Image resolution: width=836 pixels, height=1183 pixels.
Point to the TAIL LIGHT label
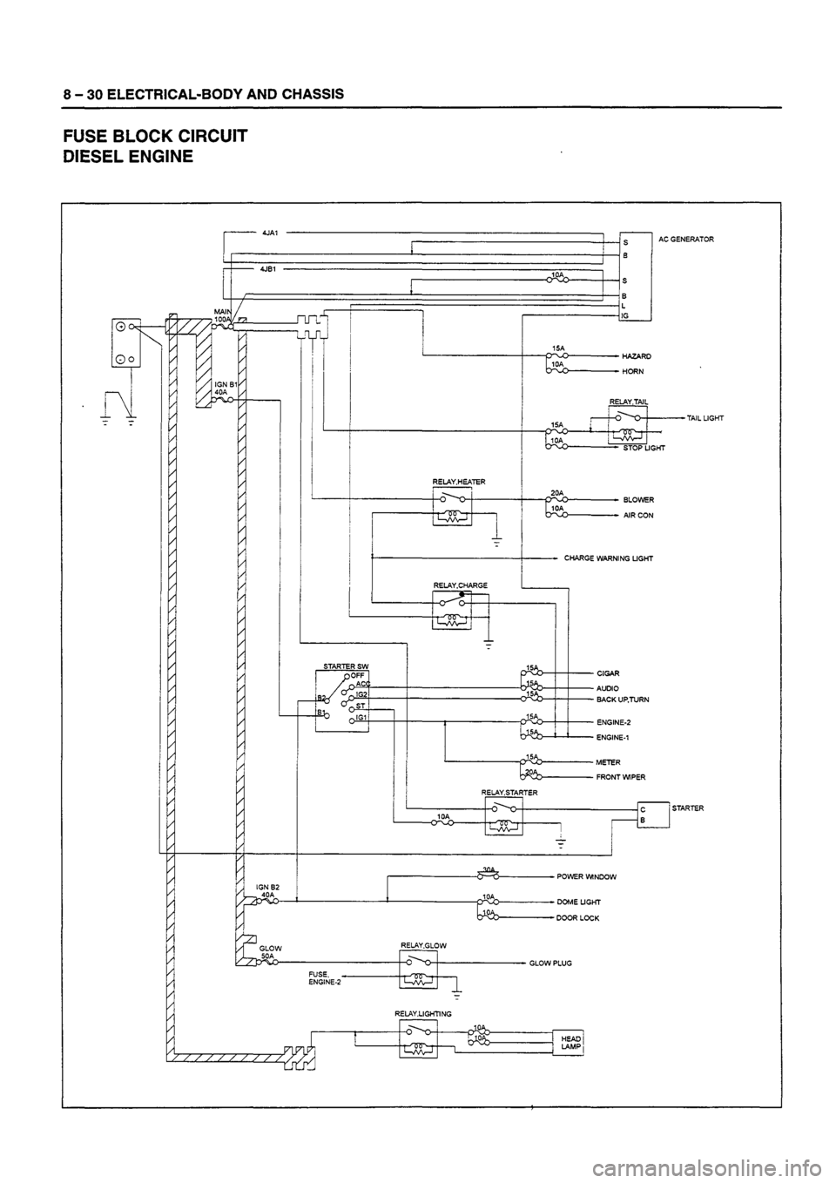click(x=705, y=418)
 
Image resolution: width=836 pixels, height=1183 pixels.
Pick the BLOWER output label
click(x=639, y=500)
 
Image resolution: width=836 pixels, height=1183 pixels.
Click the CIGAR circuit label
click(x=609, y=673)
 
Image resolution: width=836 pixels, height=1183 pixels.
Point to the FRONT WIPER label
click(x=621, y=777)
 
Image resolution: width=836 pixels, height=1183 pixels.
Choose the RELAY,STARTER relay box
click(x=504, y=817)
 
